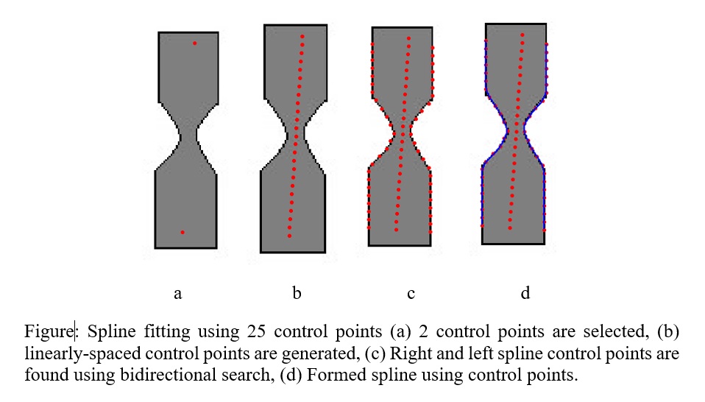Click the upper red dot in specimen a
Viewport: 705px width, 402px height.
[194, 43]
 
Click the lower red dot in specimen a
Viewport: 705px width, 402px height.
[183, 233]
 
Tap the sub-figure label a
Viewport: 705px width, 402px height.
[177, 294]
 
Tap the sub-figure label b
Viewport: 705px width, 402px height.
[297, 294]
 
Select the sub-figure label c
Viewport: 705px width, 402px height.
[411, 294]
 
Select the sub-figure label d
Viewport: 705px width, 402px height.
[525, 294]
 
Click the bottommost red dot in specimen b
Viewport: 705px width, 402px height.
[289, 236]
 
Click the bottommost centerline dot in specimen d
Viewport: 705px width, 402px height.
[510, 228]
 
